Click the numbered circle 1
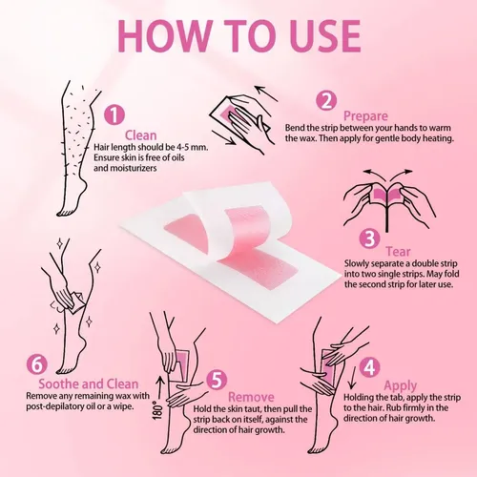[x=114, y=115]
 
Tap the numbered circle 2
[x=326, y=100]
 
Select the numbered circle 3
[x=370, y=238]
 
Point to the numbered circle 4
[x=369, y=367]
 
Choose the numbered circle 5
[x=217, y=380]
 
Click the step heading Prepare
[x=365, y=116]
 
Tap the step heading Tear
[x=398, y=252]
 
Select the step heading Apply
[x=400, y=386]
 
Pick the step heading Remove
[x=251, y=397]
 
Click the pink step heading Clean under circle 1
[x=141, y=135]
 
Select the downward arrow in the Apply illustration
[x=351, y=378]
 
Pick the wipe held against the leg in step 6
[x=76, y=302]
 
